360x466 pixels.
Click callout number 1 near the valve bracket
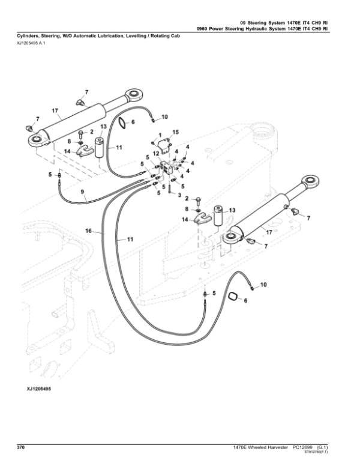(x=161, y=136)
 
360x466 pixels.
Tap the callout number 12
(x=154, y=154)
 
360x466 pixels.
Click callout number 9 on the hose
(x=83, y=193)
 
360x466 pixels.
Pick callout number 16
(x=88, y=231)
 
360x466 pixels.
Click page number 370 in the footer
(x=20, y=447)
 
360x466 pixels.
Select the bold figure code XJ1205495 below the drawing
(x=38, y=389)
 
